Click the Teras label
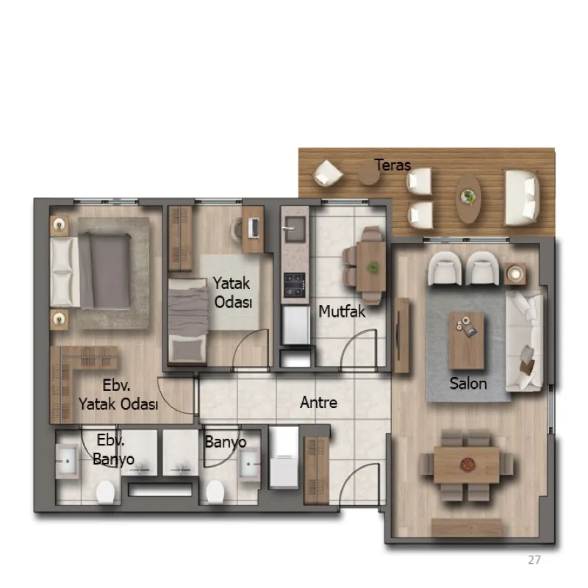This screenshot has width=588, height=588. click(x=392, y=165)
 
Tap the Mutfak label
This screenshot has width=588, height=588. click(x=342, y=311)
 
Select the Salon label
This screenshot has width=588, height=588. click(x=468, y=383)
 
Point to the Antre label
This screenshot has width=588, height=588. click(x=318, y=402)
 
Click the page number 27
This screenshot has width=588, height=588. click(x=534, y=560)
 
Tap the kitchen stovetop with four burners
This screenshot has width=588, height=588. click(x=294, y=285)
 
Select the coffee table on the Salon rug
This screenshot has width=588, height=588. click(x=466, y=341)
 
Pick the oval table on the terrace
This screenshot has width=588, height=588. click(x=468, y=198)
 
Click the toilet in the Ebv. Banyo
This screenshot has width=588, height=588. click(x=105, y=492)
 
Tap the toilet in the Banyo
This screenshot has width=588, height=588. click(x=215, y=492)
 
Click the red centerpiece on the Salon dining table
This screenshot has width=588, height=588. click(x=467, y=465)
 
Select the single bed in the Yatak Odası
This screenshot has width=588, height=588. click(x=187, y=320)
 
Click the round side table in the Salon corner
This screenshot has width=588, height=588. click(x=515, y=273)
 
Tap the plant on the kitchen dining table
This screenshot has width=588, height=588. click(x=373, y=268)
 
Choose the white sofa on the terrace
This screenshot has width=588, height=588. click(x=522, y=198)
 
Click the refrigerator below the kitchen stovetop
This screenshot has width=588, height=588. click(x=296, y=325)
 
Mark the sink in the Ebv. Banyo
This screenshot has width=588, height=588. click(x=68, y=462)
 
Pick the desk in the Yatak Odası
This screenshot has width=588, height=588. click(x=253, y=229)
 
